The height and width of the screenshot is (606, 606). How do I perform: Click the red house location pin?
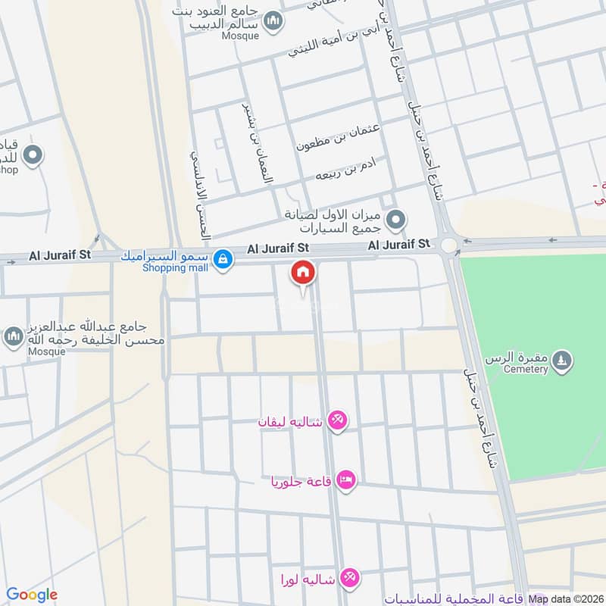303,273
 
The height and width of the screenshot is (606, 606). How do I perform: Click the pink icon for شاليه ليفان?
338,420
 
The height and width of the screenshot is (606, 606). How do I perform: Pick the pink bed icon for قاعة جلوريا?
346,479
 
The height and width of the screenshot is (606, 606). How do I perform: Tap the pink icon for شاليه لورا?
349,578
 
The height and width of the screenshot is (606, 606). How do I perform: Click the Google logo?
32,595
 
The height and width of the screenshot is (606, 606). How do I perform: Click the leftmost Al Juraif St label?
60,255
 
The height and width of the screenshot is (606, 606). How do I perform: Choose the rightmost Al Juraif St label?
399,244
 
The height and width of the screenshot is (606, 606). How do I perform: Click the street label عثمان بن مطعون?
338,134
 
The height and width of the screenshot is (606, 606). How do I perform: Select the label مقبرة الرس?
523,357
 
